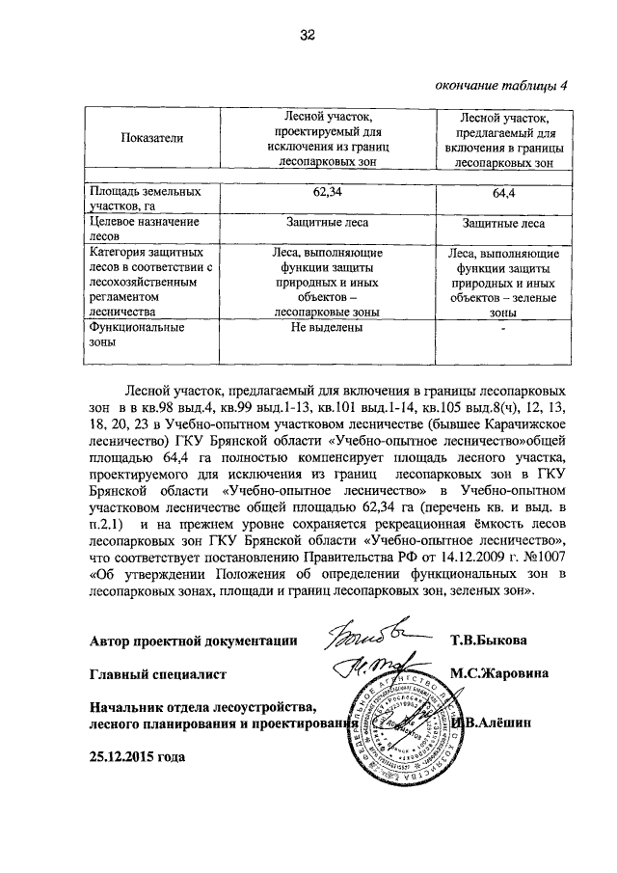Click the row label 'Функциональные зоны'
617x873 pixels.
130,335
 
